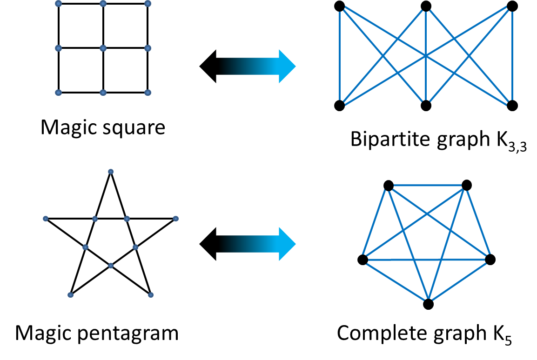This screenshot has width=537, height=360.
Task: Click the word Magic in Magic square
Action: pyautogui.click(x=65, y=127)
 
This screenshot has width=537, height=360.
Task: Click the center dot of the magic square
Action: pyautogui.click(x=103, y=48)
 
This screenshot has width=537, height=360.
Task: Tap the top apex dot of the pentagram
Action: pyautogui.click(x=111, y=172)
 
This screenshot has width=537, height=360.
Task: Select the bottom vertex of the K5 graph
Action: pyautogui.click(x=428, y=304)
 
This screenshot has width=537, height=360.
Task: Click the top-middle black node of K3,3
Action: pyautogui.click(x=426, y=6)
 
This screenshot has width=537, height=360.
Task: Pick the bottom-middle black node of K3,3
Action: pyautogui.click(x=426, y=106)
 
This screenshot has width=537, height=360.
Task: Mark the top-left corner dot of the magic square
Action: pyautogui.click(x=58, y=4)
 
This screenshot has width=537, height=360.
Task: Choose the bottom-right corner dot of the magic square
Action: pyautogui.click(x=148, y=93)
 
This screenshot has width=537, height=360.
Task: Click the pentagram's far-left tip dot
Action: pyautogui.click(x=46, y=219)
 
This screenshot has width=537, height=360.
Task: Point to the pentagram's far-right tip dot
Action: pyautogui.click(x=175, y=219)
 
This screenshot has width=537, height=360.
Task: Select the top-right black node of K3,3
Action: pyautogui.click(x=512, y=6)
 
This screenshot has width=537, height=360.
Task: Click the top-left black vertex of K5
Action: pyautogui.click(x=389, y=186)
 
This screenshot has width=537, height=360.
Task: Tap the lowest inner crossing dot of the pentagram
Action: pyautogui.click(x=111, y=266)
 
